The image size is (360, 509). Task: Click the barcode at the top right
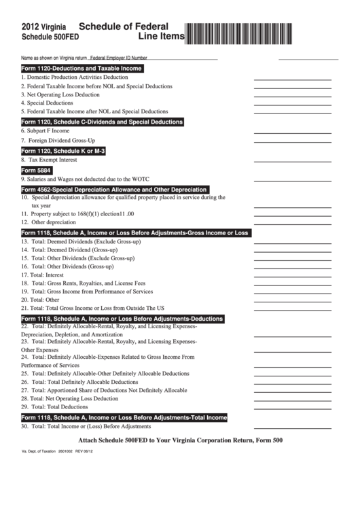262,31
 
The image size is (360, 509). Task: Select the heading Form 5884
37,170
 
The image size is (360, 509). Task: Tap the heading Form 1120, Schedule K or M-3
63,151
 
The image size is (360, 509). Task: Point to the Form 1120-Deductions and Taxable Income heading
82,69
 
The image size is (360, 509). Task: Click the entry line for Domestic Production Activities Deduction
292,78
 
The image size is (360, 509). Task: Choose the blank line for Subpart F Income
292,131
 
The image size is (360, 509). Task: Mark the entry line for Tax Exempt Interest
292,160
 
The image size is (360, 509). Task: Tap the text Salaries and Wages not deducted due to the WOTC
84,179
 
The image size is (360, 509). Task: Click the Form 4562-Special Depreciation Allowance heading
114,190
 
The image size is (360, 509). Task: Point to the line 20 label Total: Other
40,299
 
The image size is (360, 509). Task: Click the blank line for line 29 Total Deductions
292,407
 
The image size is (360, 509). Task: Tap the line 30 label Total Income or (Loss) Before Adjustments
86,427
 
